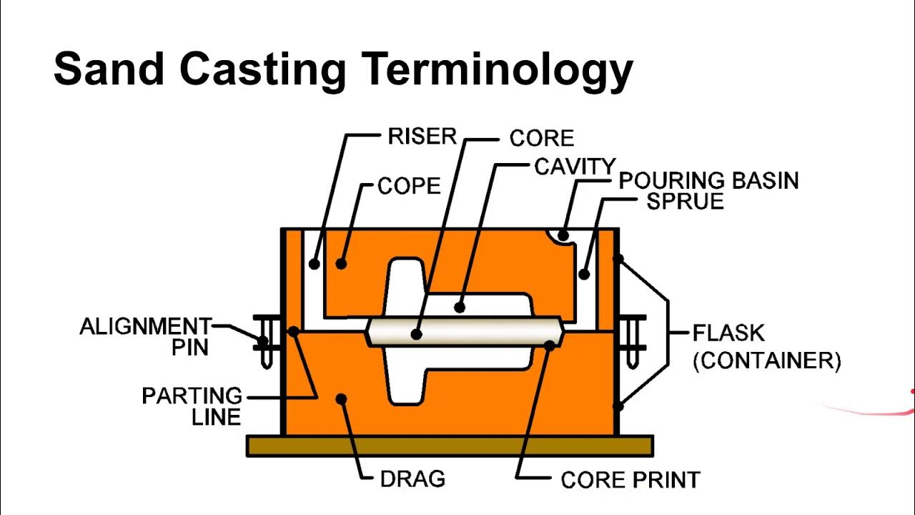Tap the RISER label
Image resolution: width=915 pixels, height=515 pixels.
[422, 137]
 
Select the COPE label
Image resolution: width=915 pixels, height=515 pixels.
[409, 186]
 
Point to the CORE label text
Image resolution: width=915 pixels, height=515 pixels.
[541, 138]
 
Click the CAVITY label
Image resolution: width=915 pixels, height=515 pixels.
[574, 167]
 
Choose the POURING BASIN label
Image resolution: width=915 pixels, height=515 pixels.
[708, 180]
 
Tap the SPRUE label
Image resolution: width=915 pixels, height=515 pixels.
[685, 201]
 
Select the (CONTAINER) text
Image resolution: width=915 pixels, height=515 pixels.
[766, 360]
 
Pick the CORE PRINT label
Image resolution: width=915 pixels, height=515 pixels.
[630, 479]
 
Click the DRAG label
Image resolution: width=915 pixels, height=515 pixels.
[412, 479]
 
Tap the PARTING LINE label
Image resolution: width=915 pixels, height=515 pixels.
[192, 406]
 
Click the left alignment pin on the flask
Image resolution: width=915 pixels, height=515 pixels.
[264, 342]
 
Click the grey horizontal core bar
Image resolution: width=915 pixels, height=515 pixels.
[465, 333]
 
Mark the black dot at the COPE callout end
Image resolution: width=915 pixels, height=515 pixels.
[341, 264]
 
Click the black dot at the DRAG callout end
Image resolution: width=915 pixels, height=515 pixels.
[342, 398]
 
